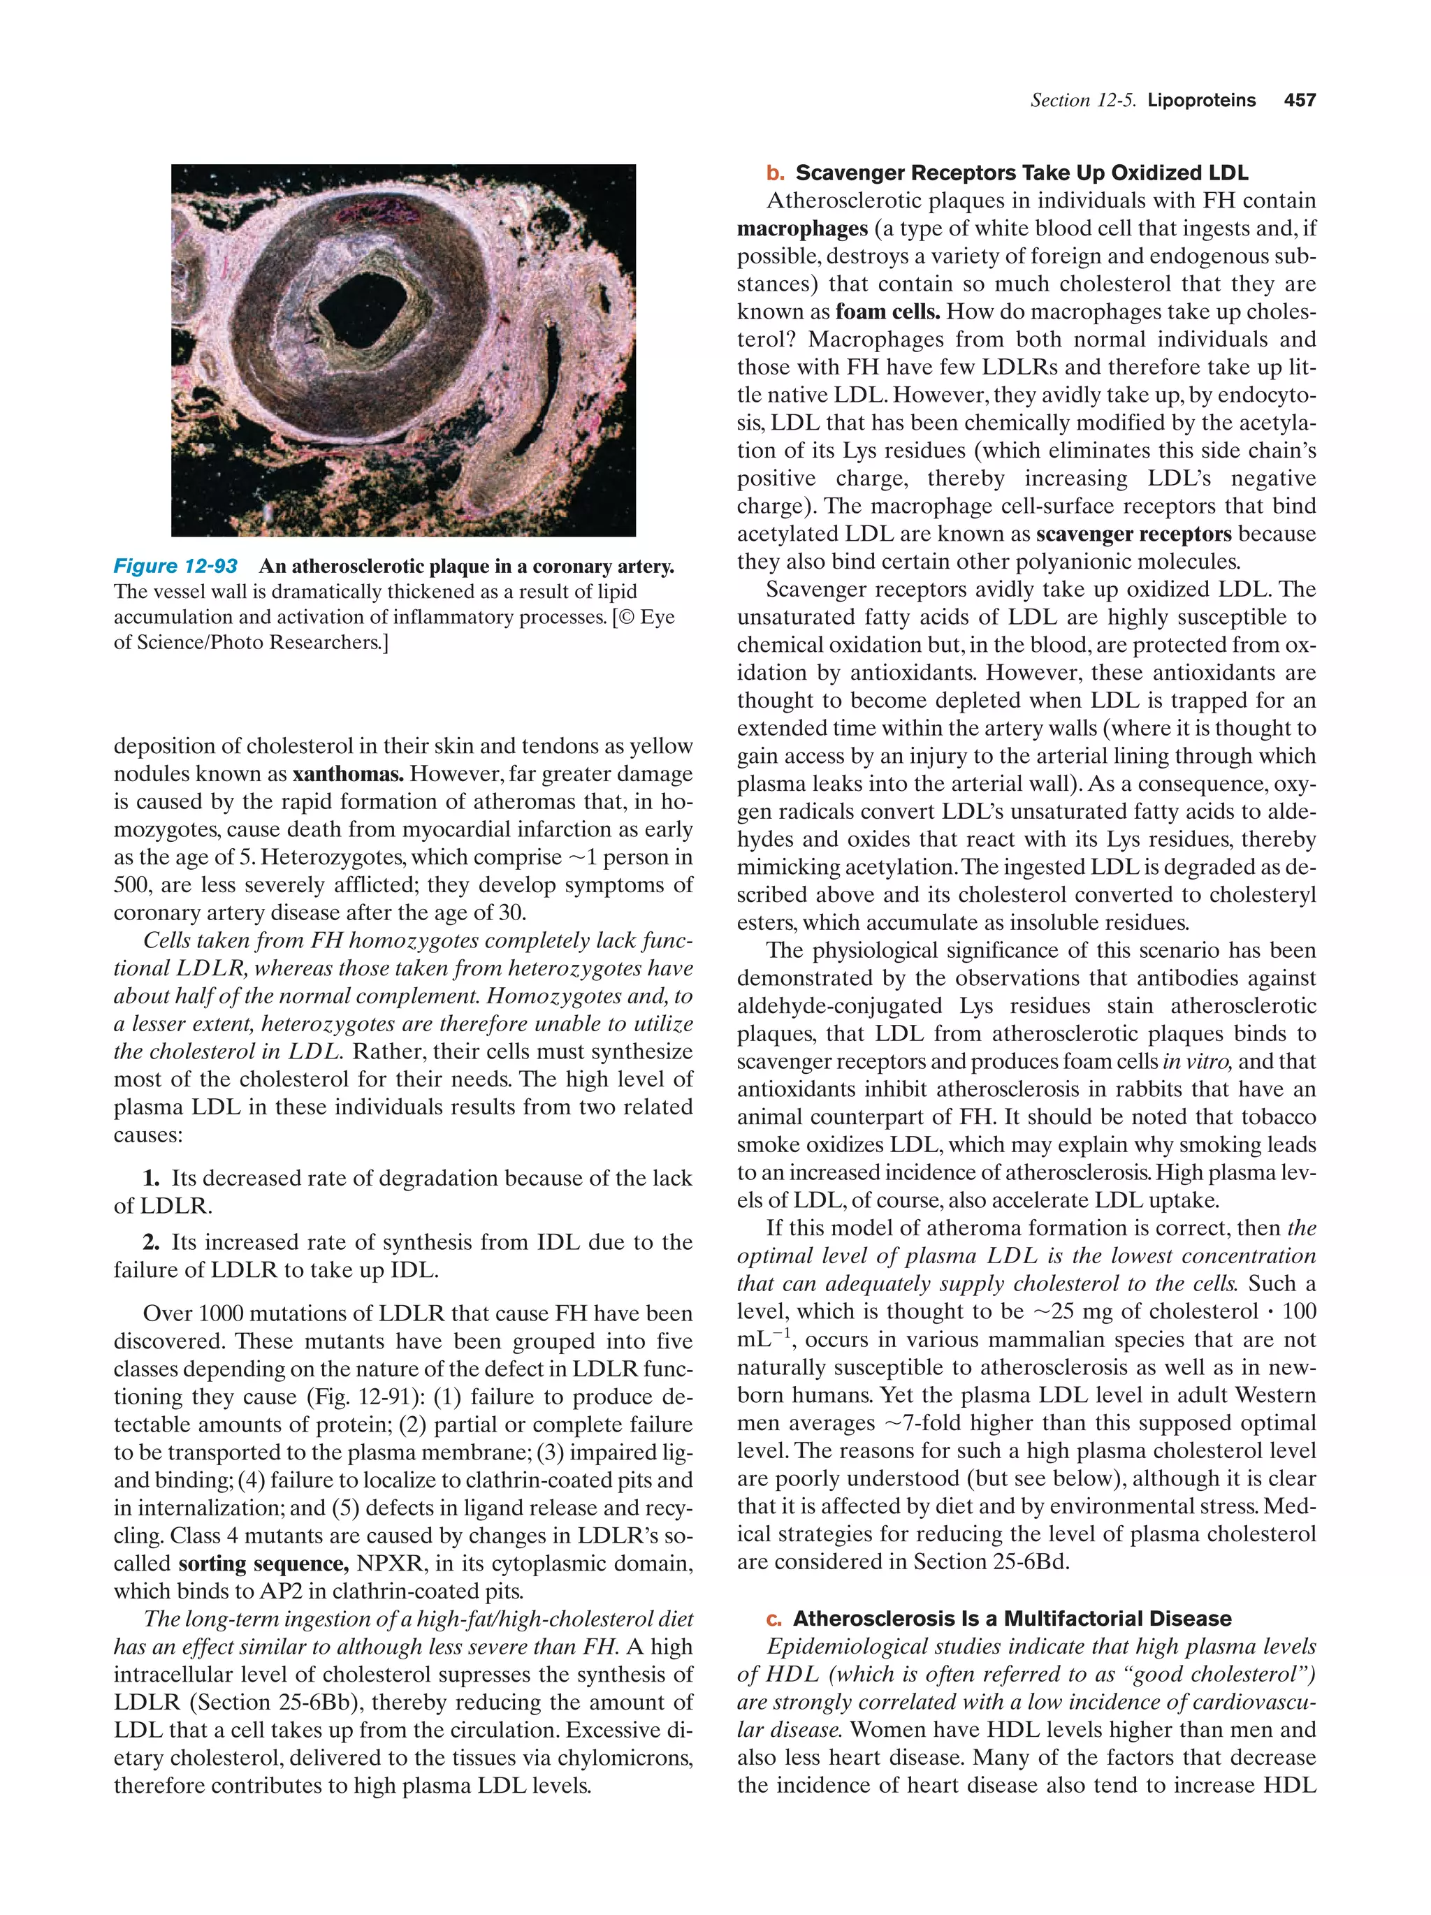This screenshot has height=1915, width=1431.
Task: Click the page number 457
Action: [1300, 101]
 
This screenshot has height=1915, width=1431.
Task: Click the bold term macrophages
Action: [801, 228]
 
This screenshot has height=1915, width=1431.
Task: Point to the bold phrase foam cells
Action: [887, 312]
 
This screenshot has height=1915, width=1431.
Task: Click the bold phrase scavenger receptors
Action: [1133, 534]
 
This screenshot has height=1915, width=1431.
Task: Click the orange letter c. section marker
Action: [773, 1619]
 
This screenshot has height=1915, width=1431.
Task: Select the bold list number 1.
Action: [152, 1178]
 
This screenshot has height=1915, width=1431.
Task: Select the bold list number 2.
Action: [152, 1242]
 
